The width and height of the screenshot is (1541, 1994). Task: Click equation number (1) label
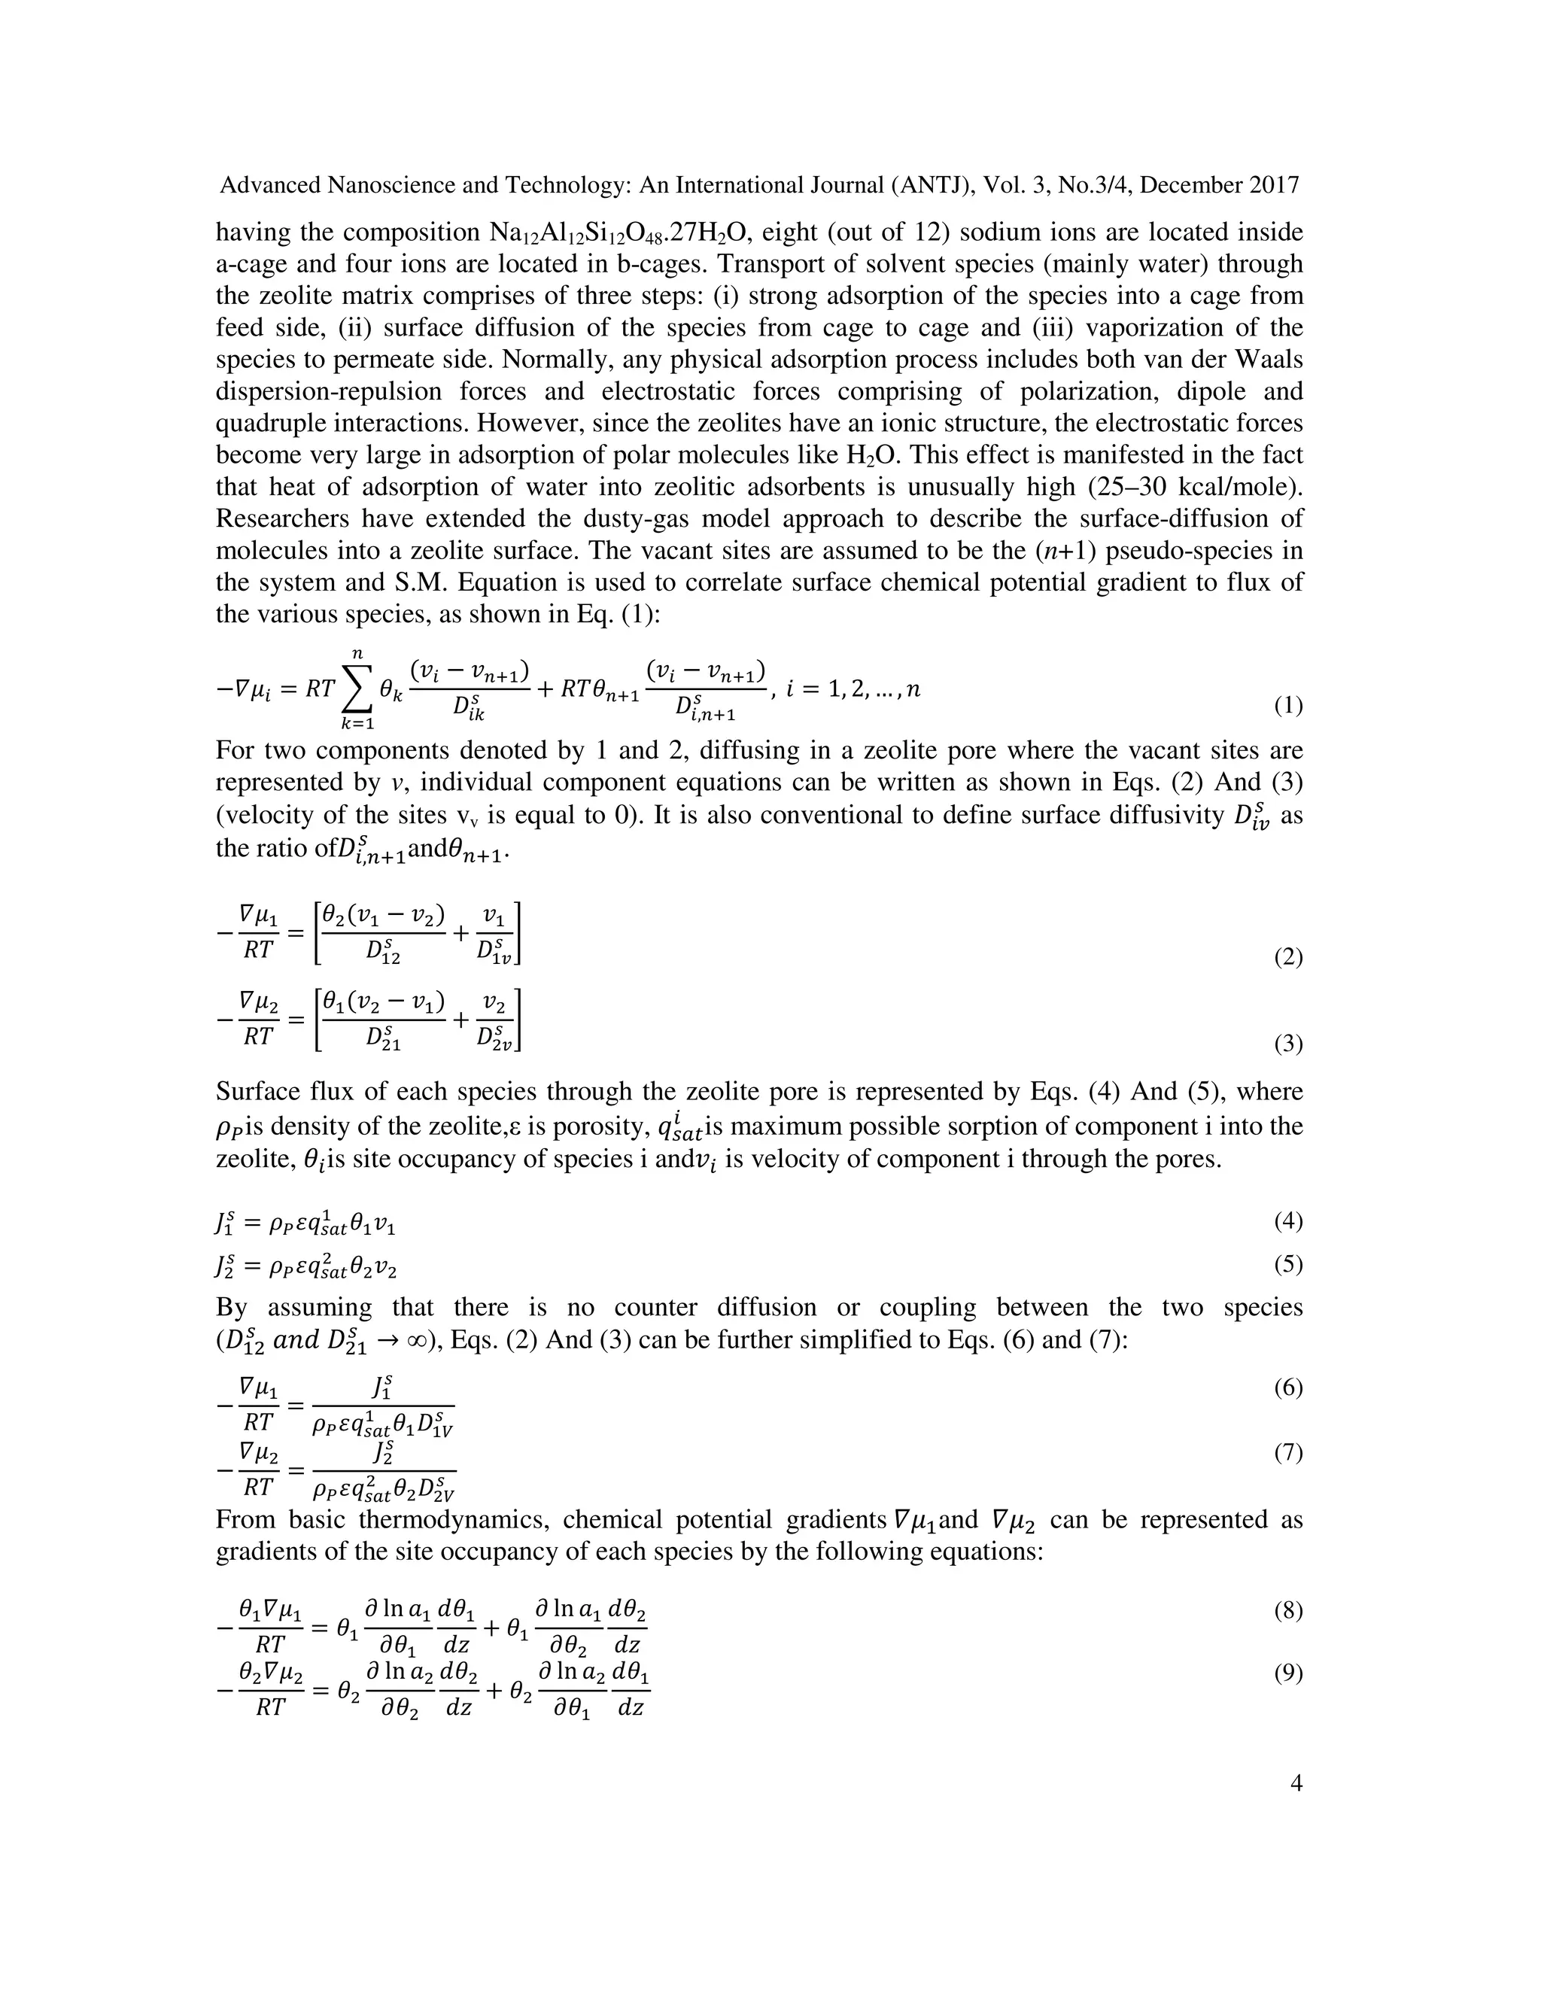click(1288, 706)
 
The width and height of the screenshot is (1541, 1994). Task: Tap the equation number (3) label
click(1288, 1044)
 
